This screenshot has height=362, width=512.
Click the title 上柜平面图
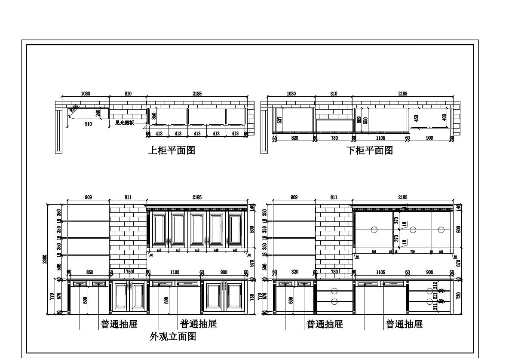tap(172, 150)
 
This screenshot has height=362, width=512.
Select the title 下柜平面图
tap(370, 150)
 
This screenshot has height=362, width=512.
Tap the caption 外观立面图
tap(173, 337)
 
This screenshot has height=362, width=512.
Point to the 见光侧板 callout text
tap(125, 123)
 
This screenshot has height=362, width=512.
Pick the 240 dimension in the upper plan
tap(98, 113)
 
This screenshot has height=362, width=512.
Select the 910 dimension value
tap(88, 124)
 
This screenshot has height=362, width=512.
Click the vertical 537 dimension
tap(280, 120)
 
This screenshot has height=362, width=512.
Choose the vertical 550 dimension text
tap(366, 120)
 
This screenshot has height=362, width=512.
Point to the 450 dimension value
tap(416, 118)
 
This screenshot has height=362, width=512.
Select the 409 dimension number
tap(444, 116)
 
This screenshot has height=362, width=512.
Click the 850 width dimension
tap(89, 272)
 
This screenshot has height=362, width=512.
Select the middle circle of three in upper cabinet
tap(413, 230)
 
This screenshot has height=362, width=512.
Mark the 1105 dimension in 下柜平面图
tap(380, 138)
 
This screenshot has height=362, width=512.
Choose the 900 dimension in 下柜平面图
tap(429, 138)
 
